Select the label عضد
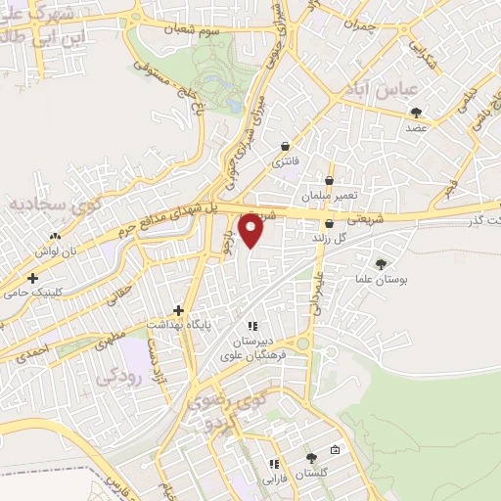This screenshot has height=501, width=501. click(418, 127)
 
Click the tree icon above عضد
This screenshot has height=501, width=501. click(418, 112)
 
